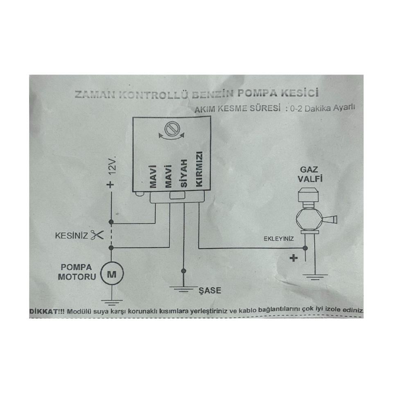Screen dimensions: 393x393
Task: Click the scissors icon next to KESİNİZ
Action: pos(97,235)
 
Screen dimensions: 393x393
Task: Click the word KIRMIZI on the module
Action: pos(199,169)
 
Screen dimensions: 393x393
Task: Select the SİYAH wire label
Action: pos(184,173)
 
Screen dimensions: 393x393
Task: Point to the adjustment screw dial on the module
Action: pos(172,129)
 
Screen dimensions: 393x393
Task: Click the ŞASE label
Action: pos(210,290)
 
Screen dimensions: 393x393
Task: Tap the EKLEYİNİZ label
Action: pos(278,239)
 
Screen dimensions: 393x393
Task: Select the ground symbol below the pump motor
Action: pos(112,302)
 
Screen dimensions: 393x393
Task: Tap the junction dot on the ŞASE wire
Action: pos(183,271)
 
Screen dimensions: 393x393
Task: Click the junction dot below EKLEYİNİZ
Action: pos(305,248)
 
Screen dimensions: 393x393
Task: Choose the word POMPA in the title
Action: pos(257,93)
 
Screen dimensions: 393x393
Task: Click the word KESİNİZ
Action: pos(71,236)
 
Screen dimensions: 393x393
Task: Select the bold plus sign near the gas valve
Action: pos(294,258)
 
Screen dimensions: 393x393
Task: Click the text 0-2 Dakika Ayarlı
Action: pos(322,108)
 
